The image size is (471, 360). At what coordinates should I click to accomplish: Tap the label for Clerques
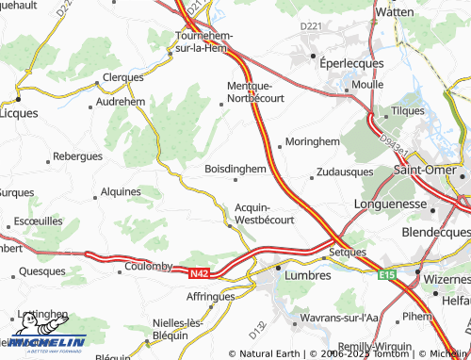pos(122,77)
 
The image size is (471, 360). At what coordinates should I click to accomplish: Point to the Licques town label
pos(17,112)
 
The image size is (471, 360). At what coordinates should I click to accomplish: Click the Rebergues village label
pos(77,155)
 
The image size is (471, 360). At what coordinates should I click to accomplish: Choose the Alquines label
pos(120,191)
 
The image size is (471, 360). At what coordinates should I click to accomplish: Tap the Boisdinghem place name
pos(235,169)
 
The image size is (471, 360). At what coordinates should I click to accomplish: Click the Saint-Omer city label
pos(419,170)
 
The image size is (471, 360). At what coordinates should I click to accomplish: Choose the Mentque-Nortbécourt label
pos(255,90)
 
